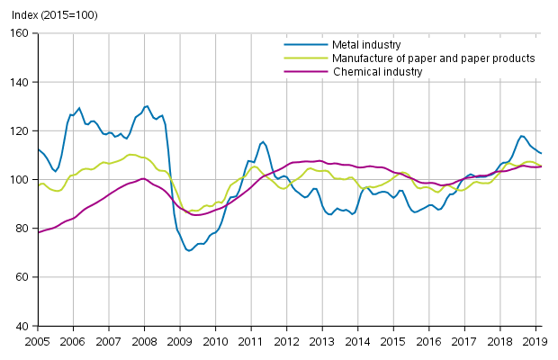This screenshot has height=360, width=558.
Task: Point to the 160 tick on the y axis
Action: coord(21,33)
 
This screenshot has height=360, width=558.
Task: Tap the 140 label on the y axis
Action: coord(21,82)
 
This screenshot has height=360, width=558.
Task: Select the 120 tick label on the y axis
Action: coord(21,130)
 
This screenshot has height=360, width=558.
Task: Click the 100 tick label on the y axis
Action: coord(21,179)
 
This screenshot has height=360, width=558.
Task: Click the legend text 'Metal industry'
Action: coord(365,44)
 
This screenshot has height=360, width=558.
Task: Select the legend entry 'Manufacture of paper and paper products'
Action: coord(433,58)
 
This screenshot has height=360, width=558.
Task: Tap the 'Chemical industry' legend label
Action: coord(377,71)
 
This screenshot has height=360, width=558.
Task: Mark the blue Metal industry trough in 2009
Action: coord(189,250)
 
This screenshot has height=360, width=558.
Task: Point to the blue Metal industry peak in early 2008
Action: coord(147,106)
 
